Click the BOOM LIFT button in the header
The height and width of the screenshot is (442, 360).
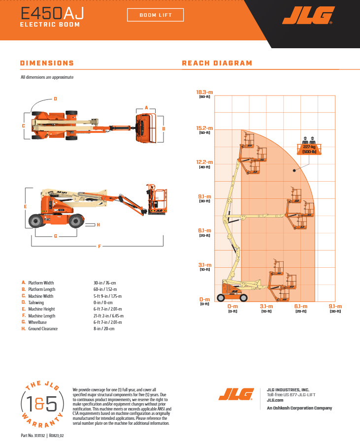[x=155, y=15]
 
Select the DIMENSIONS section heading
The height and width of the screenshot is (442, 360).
[x=47, y=63]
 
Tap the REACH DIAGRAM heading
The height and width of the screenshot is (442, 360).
[x=217, y=63]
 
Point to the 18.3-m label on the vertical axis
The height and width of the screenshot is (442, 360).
[x=204, y=92]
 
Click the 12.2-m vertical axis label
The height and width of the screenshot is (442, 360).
[x=204, y=162]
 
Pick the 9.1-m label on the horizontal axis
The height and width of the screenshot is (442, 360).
[x=335, y=306]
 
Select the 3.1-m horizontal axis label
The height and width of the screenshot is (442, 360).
[x=266, y=306]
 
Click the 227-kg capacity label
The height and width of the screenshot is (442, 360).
[x=309, y=147]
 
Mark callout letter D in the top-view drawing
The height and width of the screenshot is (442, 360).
[x=55, y=99]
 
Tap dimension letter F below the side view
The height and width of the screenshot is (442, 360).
[x=99, y=246]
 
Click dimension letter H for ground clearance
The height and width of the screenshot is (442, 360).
[x=98, y=225]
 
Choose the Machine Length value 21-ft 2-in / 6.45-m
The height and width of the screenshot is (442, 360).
[x=108, y=316]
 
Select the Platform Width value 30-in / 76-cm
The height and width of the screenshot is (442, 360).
[x=104, y=283]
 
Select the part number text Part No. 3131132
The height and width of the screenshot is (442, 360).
[x=33, y=436]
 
